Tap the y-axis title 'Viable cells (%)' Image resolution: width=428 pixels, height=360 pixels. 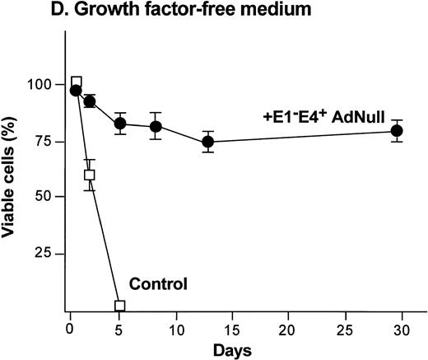[x=14, y=176]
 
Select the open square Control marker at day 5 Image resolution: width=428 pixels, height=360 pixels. [x=120, y=306]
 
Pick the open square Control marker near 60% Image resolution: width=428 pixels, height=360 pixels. [x=90, y=175]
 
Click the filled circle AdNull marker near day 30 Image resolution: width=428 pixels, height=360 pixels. [x=397, y=131]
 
